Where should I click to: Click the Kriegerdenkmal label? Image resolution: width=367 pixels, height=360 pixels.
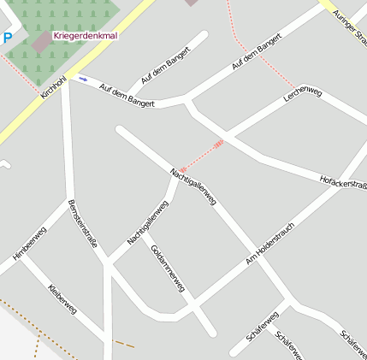[x=85, y=36]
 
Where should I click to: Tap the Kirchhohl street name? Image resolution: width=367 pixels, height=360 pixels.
[x=53, y=86]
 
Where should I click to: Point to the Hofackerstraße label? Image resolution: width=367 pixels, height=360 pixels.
[x=342, y=182]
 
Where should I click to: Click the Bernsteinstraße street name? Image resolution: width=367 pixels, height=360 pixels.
[x=81, y=224]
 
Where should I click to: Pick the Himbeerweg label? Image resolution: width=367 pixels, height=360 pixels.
[x=30, y=243]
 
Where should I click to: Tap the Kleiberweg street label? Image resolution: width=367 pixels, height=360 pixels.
[x=63, y=299]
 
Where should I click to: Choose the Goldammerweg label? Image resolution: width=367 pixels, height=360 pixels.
[x=168, y=269]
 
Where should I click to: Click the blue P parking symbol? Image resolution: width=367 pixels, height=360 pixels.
[x=8, y=38]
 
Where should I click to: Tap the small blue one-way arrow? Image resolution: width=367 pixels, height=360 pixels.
[x=83, y=79]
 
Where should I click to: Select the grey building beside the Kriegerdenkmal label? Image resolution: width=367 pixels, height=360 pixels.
[x=42, y=41]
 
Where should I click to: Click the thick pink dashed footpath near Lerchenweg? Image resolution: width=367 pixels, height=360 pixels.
[x=202, y=156]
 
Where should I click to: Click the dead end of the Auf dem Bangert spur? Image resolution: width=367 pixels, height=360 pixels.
[x=204, y=36]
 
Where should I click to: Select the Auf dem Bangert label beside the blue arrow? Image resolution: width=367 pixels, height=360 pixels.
[x=127, y=95]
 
